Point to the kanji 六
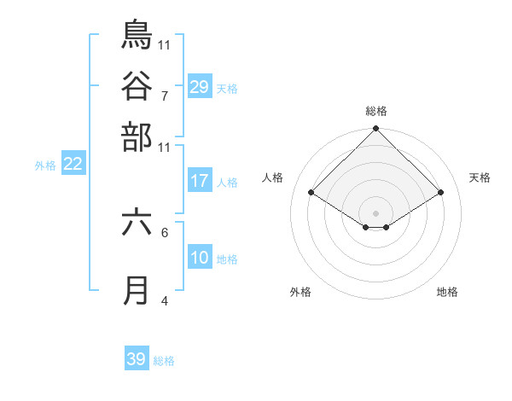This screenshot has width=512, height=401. pos(137,222)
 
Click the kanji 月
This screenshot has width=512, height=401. pos(137,290)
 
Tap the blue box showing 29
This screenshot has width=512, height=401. pos(200,86)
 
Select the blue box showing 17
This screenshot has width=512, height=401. pos(200,181)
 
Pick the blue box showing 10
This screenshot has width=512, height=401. pos(200,258)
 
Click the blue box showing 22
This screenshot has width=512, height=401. pos(73,165)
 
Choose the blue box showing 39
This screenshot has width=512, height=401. pos(137,359)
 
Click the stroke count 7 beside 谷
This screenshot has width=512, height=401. pos(164,95)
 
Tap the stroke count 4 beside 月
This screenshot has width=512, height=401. pos(164,300)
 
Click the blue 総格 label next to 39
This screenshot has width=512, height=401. pos(164,361)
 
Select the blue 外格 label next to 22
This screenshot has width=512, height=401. pos(45,166)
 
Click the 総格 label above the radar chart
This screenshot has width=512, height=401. pos(375,111)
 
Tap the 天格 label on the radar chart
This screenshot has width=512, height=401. pos(480,177)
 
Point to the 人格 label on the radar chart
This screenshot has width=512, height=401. pos(273,177)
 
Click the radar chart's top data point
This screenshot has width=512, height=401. pos(375,130)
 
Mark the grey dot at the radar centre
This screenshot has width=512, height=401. pos(375,212)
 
